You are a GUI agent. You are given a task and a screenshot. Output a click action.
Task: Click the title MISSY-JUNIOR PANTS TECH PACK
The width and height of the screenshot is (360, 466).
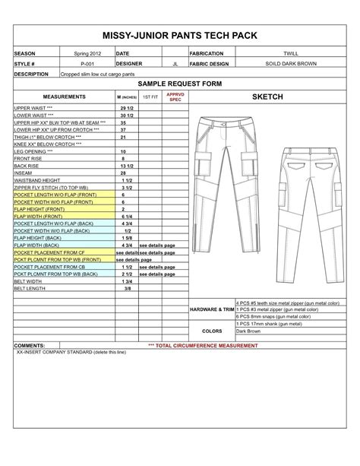click(x=179, y=36)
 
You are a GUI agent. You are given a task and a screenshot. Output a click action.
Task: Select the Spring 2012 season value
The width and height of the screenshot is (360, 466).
click(x=86, y=54)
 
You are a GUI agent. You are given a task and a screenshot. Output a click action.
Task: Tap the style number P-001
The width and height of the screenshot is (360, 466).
click(x=86, y=64)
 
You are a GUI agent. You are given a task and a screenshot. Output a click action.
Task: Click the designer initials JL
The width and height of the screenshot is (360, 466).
click(x=175, y=64)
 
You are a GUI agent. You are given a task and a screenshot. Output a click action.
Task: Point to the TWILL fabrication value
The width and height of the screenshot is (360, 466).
click(x=290, y=54)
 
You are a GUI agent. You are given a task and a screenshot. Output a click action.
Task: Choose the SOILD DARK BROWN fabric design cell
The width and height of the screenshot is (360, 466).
click(x=290, y=64)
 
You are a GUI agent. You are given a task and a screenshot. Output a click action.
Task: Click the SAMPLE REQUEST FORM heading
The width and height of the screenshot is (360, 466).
click(x=179, y=86)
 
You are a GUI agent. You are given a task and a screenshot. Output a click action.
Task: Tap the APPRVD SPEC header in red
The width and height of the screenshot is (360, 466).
click(x=175, y=98)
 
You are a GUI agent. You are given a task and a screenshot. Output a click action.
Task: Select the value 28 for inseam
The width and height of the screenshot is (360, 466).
click(x=123, y=173)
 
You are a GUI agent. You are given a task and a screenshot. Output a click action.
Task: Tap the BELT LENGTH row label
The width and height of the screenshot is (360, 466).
click(x=31, y=289)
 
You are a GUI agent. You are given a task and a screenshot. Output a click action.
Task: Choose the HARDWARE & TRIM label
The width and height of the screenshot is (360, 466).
click(x=212, y=311)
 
